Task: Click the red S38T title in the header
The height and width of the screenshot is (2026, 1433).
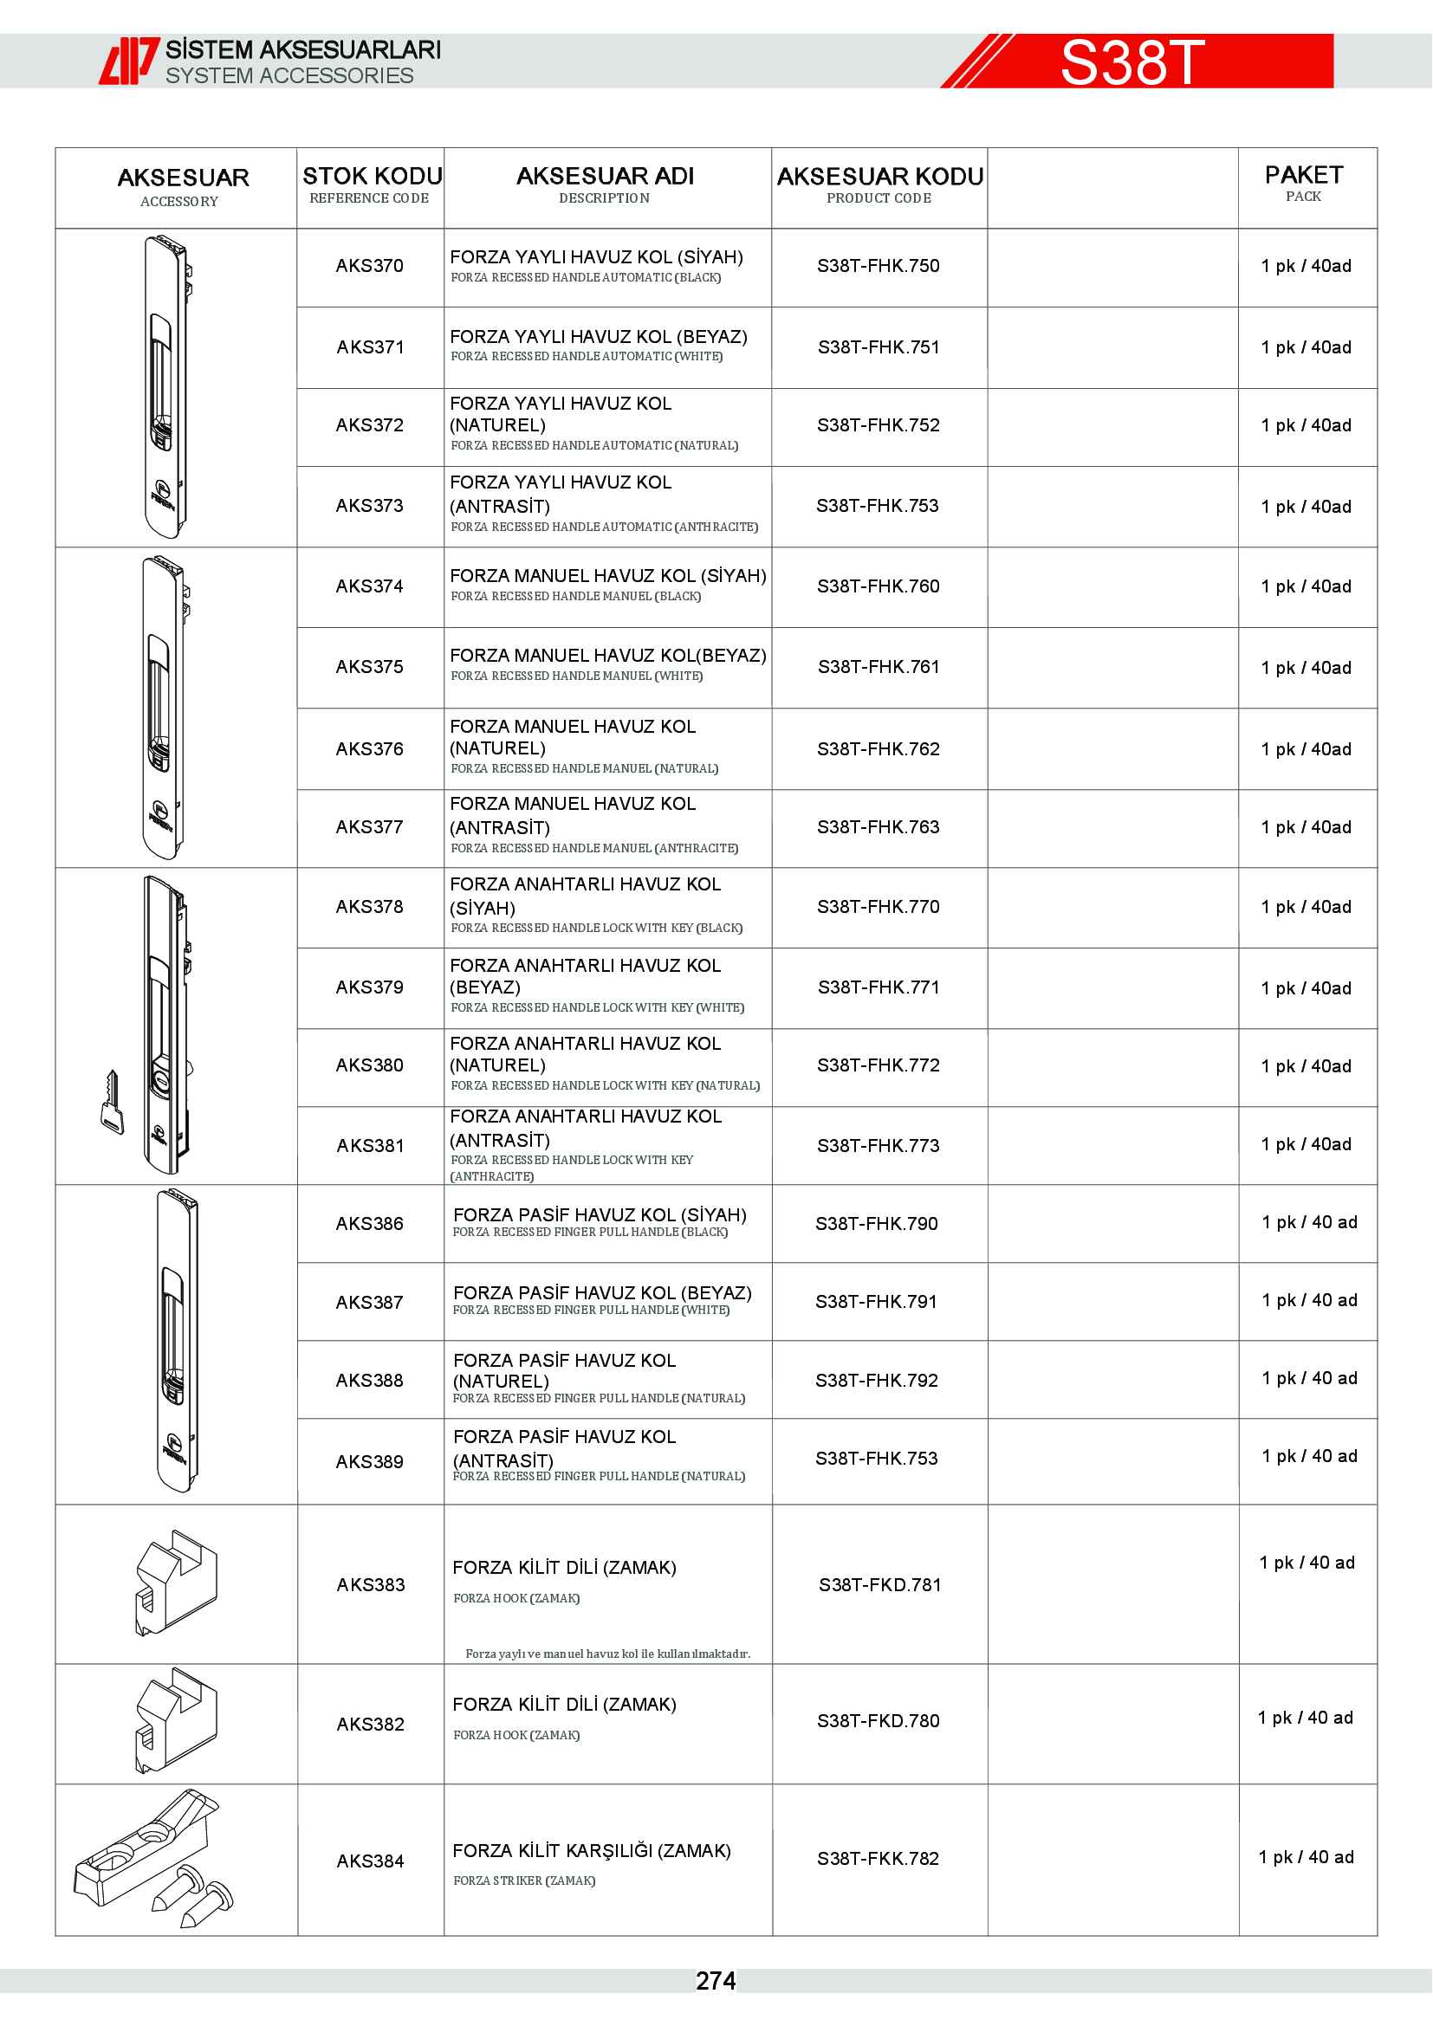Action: (x=1131, y=62)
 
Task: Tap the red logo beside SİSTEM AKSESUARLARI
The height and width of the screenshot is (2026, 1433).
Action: (x=128, y=61)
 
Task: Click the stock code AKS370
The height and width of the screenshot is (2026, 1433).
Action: (x=369, y=266)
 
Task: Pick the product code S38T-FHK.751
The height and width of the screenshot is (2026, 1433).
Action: (x=878, y=347)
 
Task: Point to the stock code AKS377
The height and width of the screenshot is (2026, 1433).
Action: (x=369, y=828)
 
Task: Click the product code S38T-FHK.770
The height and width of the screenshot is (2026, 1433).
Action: (x=878, y=907)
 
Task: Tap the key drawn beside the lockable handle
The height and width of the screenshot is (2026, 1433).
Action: (x=111, y=1103)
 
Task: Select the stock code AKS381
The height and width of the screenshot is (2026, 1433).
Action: (x=370, y=1146)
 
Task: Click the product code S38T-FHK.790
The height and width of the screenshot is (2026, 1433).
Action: (x=876, y=1224)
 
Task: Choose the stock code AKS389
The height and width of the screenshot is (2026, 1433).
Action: (x=369, y=1462)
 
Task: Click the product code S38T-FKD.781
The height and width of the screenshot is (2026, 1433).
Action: (x=879, y=1585)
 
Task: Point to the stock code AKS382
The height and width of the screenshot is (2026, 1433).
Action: (x=370, y=1725)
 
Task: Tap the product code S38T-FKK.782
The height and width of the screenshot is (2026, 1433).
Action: (x=878, y=1858)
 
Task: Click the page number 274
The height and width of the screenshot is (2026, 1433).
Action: (x=715, y=1981)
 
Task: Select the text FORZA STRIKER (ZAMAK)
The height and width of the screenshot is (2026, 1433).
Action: (x=524, y=1880)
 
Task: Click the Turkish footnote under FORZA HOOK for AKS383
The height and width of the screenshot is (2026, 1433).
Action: (x=607, y=1654)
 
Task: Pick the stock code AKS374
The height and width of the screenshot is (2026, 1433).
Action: (x=369, y=586)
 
